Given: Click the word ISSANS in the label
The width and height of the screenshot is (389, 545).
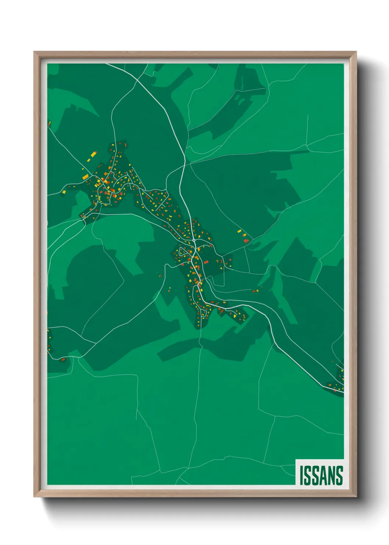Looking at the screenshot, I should [x=321, y=475].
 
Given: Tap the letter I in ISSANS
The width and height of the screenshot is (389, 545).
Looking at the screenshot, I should [x=301, y=475].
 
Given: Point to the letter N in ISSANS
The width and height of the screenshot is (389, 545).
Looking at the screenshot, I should [x=331, y=475].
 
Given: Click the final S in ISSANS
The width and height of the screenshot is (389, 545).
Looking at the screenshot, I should [x=339, y=475].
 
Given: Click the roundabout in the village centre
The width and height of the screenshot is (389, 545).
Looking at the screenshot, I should [x=194, y=240].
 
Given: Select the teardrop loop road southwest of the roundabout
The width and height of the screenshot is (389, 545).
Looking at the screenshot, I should [x=182, y=253].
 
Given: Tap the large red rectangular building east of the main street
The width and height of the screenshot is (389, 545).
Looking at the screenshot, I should [x=206, y=262].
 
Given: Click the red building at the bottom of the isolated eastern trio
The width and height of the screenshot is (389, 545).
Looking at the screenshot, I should [x=246, y=241].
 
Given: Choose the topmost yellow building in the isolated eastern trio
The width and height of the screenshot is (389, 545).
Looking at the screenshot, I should [x=239, y=231].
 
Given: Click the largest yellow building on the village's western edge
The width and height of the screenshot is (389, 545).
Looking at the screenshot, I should [x=85, y=177].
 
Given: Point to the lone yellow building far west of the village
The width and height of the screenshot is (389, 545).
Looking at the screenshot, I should [x=64, y=192].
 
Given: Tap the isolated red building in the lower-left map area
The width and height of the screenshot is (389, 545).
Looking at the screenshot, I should [x=63, y=359].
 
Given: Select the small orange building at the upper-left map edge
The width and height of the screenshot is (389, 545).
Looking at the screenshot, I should [x=49, y=124].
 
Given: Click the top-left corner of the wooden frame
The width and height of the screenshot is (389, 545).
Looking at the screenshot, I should [x=34, y=52].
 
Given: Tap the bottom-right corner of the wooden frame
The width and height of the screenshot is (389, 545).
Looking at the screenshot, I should [x=356, y=497].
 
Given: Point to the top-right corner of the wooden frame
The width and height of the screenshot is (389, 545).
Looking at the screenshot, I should [x=356, y=52].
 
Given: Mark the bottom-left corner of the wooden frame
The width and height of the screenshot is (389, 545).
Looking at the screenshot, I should [x=34, y=497].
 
